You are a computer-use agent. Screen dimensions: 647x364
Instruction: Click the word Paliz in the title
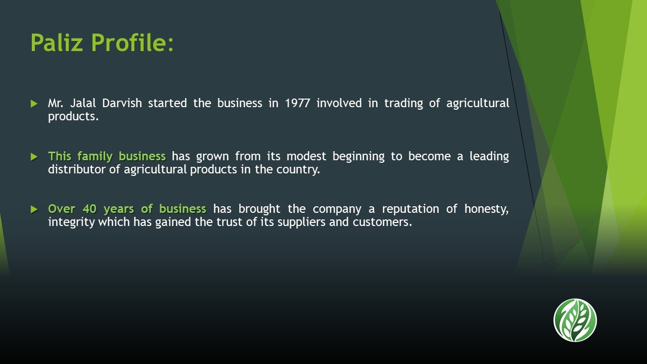(x=57, y=42)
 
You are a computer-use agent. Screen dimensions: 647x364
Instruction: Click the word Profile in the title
(x=129, y=42)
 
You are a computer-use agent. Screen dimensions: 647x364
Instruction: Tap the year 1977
(x=298, y=103)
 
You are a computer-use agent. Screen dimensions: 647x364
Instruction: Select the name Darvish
(x=122, y=103)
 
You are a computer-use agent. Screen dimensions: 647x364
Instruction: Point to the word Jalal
(x=83, y=103)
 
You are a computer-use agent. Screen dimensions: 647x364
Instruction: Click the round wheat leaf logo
(x=575, y=320)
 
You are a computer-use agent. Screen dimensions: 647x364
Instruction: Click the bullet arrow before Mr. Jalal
(x=34, y=104)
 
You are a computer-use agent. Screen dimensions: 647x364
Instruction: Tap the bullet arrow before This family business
(x=34, y=157)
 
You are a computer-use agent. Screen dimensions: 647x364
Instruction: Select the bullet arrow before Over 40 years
(x=34, y=209)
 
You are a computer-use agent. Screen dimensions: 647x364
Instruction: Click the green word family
(x=95, y=157)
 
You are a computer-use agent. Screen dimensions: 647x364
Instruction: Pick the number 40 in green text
(x=89, y=209)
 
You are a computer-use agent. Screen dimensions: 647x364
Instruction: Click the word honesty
(x=486, y=209)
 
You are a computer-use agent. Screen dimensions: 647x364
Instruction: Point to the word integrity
(x=71, y=222)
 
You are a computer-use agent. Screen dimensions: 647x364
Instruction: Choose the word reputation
(x=410, y=209)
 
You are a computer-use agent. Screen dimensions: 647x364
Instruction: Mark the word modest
(x=306, y=156)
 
